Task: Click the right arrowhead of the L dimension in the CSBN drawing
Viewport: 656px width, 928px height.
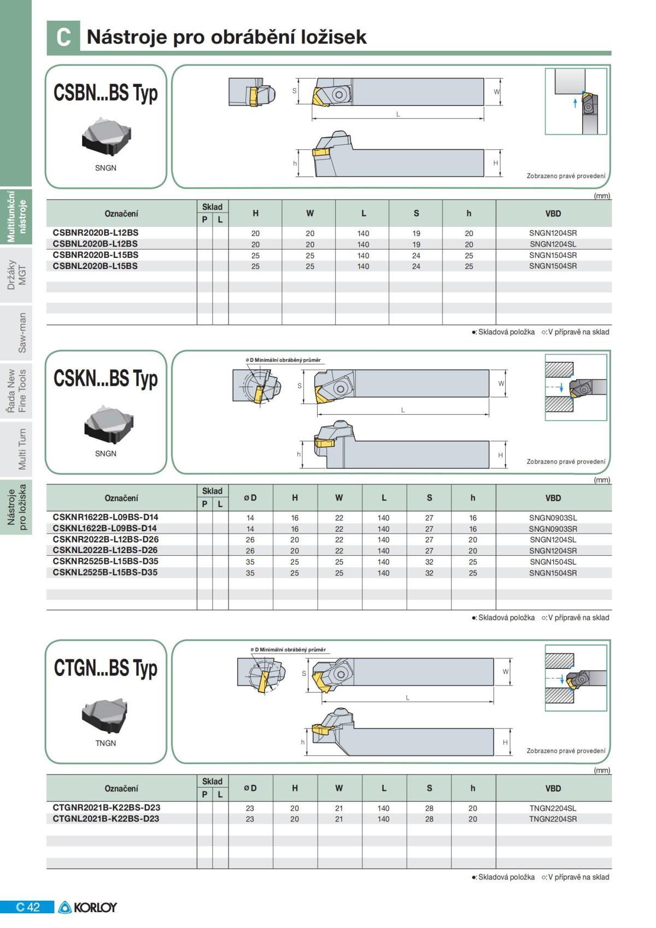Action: click(x=482, y=119)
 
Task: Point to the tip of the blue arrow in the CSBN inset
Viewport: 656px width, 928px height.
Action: click(x=575, y=98)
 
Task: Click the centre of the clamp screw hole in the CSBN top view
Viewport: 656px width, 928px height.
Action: click(x=338, y=95)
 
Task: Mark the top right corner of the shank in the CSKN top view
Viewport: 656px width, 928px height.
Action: click(x=489, y=369)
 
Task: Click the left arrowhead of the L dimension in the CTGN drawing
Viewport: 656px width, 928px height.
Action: click(x=324, y=702)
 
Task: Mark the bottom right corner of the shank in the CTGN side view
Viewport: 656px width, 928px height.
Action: click(x=494, y=755)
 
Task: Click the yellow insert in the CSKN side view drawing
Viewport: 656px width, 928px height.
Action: click(x=324, y=443)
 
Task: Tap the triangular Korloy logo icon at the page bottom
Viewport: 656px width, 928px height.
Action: click(x=65, y=907)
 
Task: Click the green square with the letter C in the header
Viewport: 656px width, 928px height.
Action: click(x=63, y=37)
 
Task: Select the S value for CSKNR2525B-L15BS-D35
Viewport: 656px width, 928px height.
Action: click(x=429, y=562)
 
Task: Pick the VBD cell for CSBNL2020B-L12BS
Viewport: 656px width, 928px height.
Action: click(x=553, y=244)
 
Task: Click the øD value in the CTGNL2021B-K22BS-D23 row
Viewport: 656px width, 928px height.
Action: click(x=250, y=819)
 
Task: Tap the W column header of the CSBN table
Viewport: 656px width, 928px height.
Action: click(x=309, y=213)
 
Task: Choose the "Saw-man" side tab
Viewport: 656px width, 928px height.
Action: click(x=22, y=333)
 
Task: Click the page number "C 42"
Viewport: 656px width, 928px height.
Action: click(x=27, y=907)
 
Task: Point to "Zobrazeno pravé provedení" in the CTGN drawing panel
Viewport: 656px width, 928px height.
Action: click(x=566, y=751)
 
